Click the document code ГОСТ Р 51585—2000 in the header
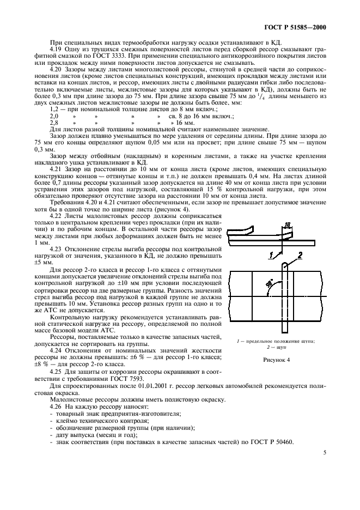pyautogui.click(x=304, y=27)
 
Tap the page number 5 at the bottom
pyautogui.click(x=325, y=452)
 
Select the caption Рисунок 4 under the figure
pyautogui.click(x=277, y=360)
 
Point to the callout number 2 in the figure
pyautogui.click(x=298, y=240)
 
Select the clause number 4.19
pyautogui.click(x=56, y=48)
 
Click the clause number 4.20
pyautogui.click(x=56, y=70)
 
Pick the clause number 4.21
pyautogui.click(x=56, y=170)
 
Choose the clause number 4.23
pyautogui.click(x=56, y=248)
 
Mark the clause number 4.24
pyautogui.click(x=56, y=349)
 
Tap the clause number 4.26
pyautogui.click(x=56, y=406)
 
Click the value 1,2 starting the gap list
pyautogui.click(x=54, y=110)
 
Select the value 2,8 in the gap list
pyautogui.click(x=54, y=123)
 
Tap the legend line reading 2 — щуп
pyautogui.click(x=277, y=347)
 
